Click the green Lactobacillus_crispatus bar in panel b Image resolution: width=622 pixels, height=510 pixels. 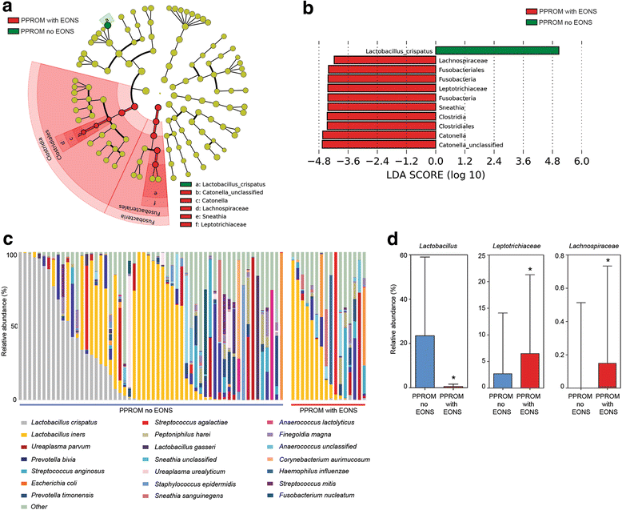click(496, 50)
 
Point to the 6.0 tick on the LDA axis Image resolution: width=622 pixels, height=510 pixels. click(582, 162)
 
